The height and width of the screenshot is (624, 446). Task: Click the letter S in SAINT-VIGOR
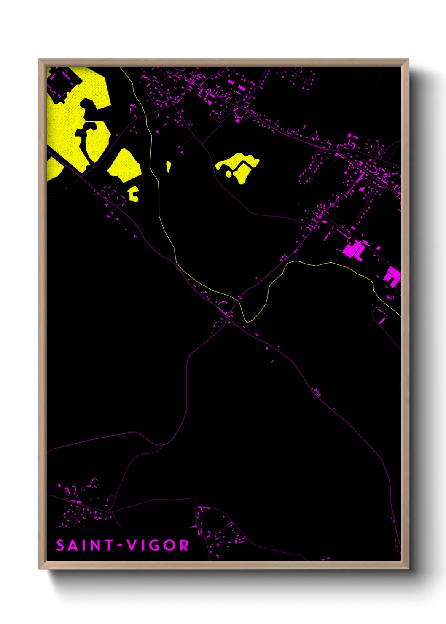pos(60,545)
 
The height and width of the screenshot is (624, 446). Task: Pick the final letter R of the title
pos(184,545)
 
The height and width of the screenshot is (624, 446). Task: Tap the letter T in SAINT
pos(107,545)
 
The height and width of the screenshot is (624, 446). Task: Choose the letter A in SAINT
pos(73,545)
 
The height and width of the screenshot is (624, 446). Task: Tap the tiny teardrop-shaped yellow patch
pos(168,167)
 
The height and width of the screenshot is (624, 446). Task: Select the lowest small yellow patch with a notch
pos(133,194)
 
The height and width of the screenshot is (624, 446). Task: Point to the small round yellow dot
pos(228,173)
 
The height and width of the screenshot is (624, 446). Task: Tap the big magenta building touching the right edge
pos(392,277)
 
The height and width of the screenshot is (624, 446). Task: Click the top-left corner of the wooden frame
pos(39,59)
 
